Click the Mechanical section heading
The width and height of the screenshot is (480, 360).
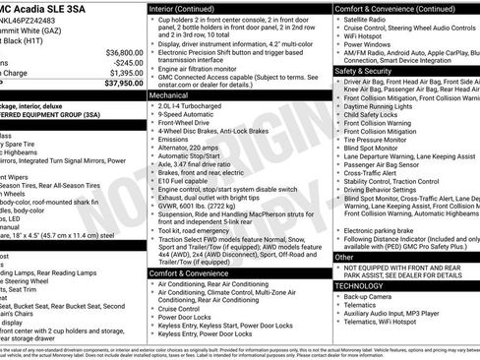(171, 97)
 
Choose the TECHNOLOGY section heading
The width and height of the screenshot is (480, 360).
(361, 285)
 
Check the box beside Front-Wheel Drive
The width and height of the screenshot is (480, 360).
(151, 125)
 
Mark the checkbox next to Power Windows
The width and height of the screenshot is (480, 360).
(338, 44)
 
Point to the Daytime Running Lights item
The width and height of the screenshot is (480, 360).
(386, 106)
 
